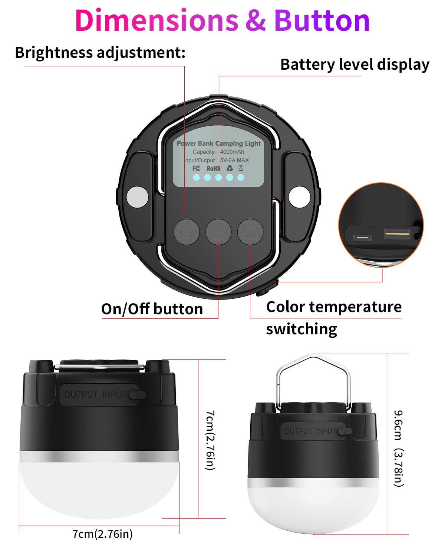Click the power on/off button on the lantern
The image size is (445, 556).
[218, 232]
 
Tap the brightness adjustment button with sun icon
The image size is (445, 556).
[187, 232]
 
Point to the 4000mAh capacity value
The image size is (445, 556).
[232, 152]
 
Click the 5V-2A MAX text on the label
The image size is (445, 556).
[234, 160]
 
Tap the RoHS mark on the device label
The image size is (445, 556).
[213, 168]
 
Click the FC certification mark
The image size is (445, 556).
[196, 168]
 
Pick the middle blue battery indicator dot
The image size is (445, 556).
[218, 178]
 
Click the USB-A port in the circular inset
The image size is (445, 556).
[397, 234]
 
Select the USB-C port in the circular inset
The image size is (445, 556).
[363, 237]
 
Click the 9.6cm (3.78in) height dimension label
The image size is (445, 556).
[398, 448]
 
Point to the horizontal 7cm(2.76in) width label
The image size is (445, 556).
[102, 533]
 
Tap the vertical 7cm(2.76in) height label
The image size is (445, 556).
[210, 440]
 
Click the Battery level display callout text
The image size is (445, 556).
[355, 64]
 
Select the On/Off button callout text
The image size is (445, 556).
[152, 309]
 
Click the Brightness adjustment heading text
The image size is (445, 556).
[100, 53]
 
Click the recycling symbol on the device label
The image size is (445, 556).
[229, 168]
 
